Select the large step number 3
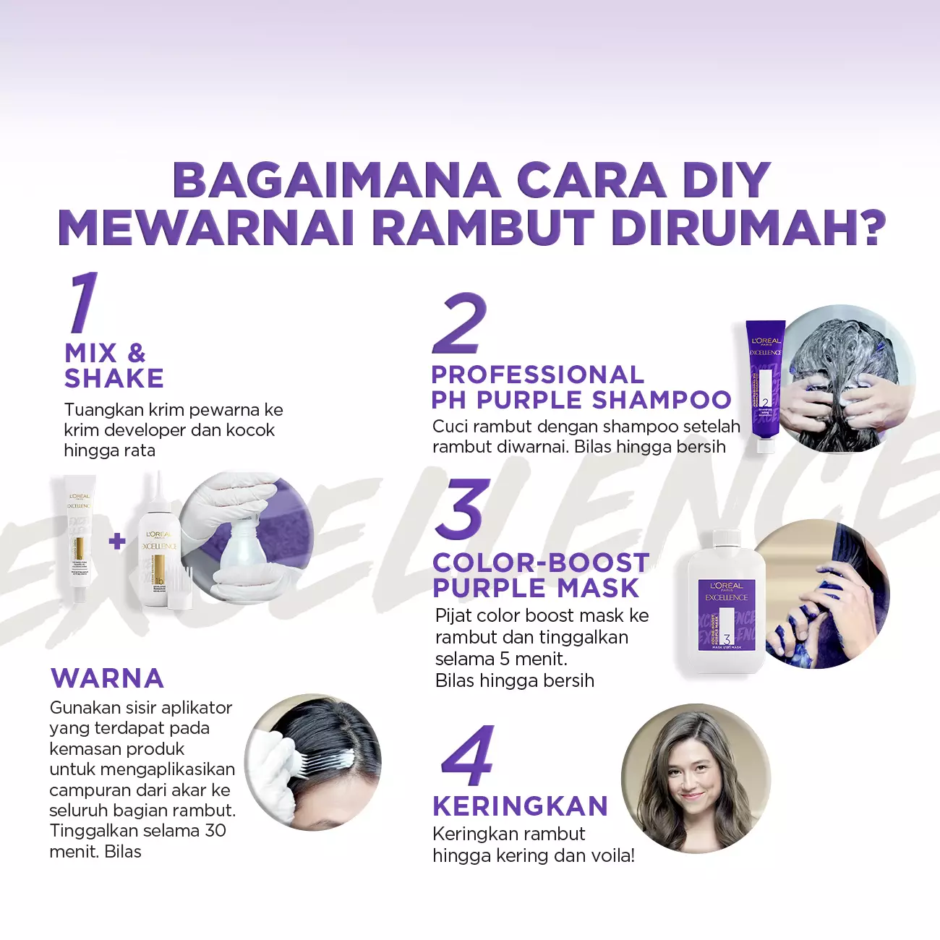(462, 508)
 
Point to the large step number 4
(468, 755)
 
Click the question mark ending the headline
(869, 227)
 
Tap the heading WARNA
(107, 678)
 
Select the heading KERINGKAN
(521, 806)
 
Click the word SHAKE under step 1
(114, 378)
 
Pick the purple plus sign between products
(117, 541)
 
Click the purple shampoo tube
(765, 387)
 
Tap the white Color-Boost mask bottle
(726, 602)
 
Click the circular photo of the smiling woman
(696, 778)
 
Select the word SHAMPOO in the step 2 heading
(662, 400)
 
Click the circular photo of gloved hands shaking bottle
(246, 537)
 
